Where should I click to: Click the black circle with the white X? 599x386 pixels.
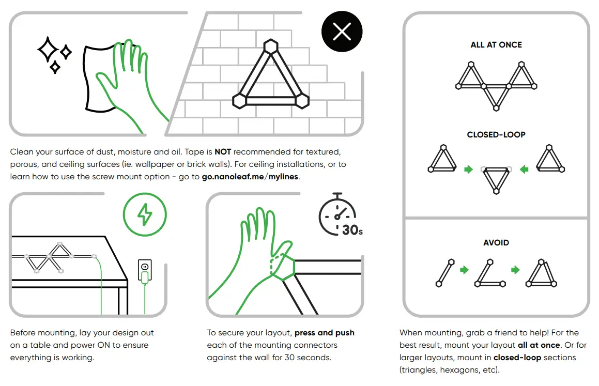click(342, 33)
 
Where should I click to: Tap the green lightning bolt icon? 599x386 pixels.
click(145, 214)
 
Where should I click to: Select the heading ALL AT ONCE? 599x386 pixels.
click(496, 45)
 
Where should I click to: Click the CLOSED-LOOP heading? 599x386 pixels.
click(496, 135)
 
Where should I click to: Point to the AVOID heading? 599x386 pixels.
click(496, 243)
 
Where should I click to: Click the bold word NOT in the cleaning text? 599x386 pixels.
click(223, 152)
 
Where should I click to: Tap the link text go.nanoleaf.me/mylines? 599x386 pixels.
click(251, 177)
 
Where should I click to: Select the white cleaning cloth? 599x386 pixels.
click(101, 78)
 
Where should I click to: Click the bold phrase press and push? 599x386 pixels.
click(325, 333)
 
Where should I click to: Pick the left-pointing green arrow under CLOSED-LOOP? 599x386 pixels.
click(524, 169)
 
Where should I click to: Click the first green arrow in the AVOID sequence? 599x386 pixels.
click(464, 269)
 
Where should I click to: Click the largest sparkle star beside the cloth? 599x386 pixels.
click(48, 50)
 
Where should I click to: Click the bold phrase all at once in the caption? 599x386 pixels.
click(539, 345)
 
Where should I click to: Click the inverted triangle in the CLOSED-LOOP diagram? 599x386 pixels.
click(496, 179)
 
